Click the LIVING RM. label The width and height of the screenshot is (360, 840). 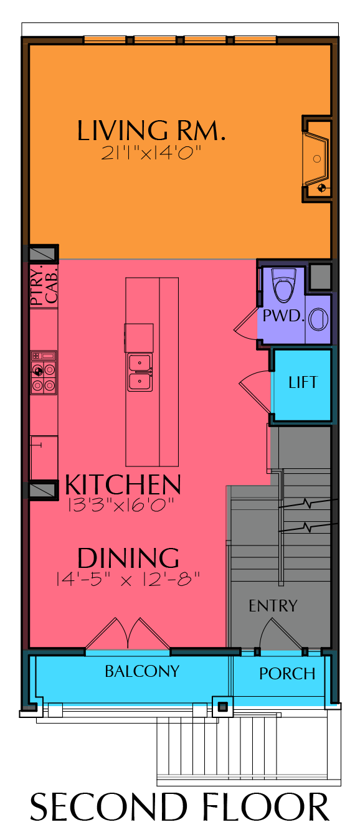tap(151, 130)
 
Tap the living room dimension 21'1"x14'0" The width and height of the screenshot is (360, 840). tap(151, 153)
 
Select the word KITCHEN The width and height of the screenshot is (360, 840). tap(123, 484)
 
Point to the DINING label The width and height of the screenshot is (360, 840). tap(128, 558)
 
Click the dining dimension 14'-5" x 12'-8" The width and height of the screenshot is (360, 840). tap(128, 579)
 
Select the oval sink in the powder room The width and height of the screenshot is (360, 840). tap(318, 319)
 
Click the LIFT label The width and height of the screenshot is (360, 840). tap(303, 382)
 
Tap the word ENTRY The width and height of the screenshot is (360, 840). tap(273, 606)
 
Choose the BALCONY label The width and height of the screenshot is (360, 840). tap(142, 671)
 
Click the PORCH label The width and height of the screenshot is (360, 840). tap(287, 674)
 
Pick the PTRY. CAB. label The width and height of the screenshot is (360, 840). tap(44, 285)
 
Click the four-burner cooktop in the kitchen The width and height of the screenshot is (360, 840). tap(44, 372)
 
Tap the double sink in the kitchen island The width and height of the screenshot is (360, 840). tap(140, 372)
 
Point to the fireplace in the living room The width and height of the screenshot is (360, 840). tap(317, 159)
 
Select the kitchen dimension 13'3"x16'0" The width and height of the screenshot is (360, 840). tap(121, 505)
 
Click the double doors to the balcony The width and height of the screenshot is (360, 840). tap(128, 633)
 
